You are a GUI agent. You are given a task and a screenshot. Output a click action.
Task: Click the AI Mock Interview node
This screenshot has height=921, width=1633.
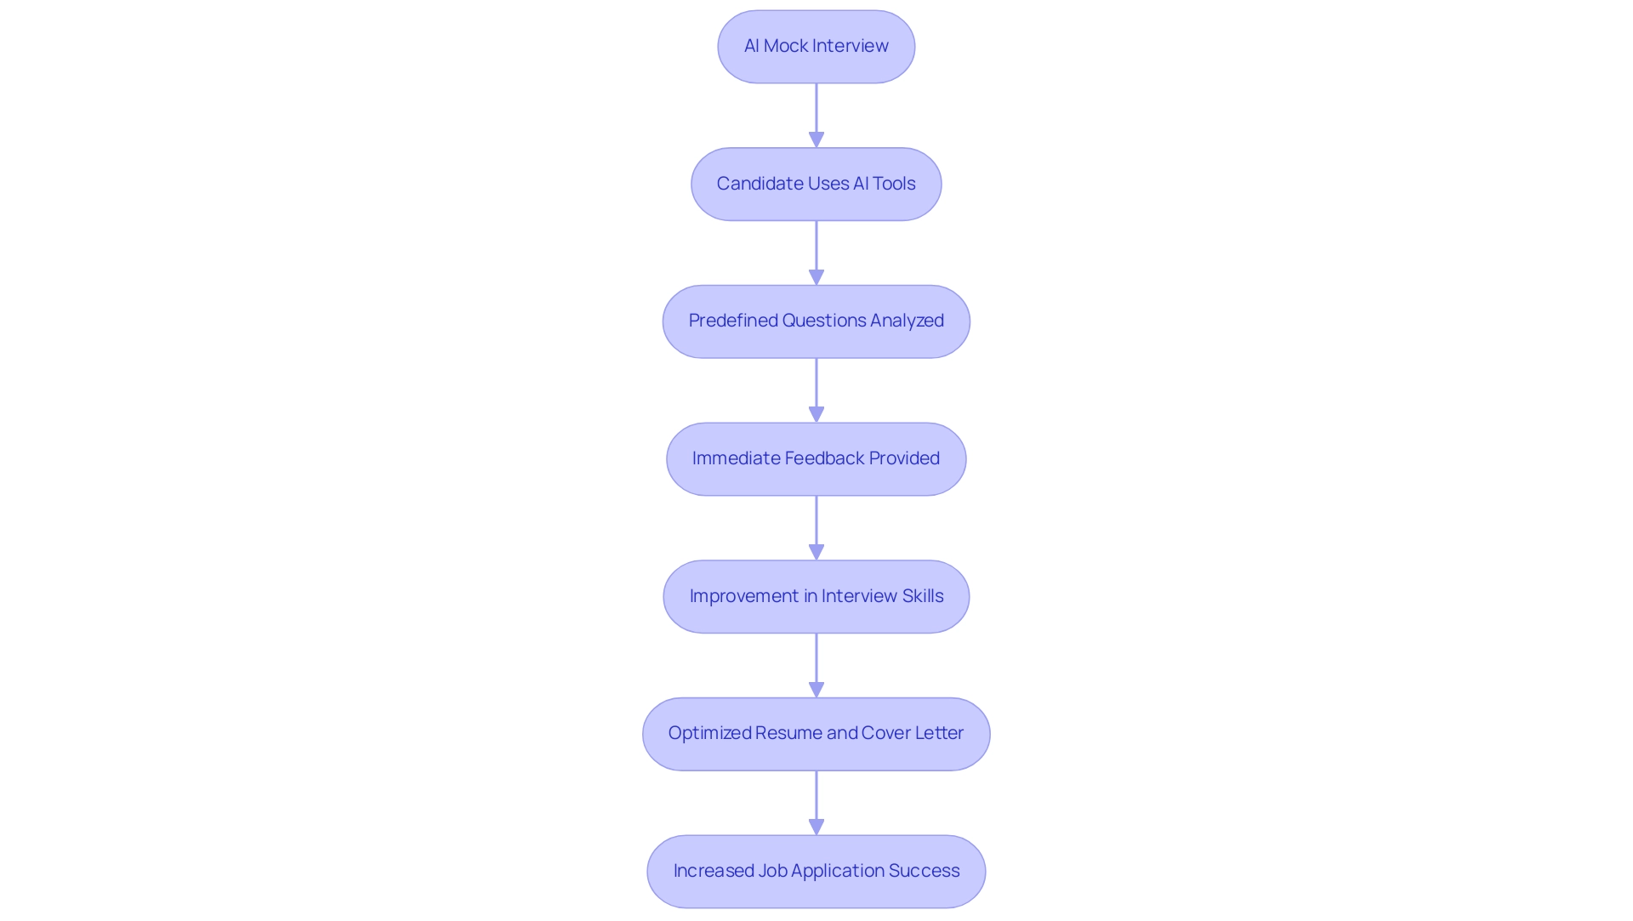[816, 47]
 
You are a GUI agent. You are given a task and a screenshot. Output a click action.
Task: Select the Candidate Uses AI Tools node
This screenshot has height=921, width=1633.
[816, 185]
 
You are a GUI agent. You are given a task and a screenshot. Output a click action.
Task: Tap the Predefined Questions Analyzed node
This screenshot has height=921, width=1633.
[816, 321]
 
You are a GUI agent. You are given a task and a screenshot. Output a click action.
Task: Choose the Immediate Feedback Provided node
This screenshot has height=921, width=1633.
[816, 459]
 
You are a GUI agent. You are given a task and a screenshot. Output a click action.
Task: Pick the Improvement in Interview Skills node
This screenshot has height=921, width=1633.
[816, 596]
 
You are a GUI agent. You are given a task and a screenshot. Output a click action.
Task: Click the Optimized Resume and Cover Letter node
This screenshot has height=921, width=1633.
[816, 734]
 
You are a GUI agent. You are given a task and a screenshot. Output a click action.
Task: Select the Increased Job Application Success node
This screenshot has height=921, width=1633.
[816, 872]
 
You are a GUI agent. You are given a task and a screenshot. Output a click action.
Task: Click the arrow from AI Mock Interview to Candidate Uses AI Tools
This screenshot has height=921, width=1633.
[816, 115]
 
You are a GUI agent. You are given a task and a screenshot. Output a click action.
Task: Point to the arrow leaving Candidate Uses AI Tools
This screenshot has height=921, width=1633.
[816, 253]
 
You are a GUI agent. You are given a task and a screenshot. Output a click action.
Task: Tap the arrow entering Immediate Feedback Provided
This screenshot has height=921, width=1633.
[816, 390]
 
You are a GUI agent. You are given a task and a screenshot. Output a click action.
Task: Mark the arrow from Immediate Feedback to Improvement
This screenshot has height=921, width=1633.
[816, 527]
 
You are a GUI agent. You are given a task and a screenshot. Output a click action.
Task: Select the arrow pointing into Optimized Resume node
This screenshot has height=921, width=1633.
[816, 665]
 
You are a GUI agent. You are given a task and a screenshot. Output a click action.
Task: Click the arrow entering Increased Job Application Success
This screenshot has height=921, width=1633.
[816, 803]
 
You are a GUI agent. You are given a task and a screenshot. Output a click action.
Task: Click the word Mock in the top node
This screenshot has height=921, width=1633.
[786, 46]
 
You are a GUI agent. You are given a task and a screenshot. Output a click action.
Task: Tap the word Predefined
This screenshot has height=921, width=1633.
[733, 321]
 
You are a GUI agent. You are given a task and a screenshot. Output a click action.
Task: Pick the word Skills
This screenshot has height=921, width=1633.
[923, 596]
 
